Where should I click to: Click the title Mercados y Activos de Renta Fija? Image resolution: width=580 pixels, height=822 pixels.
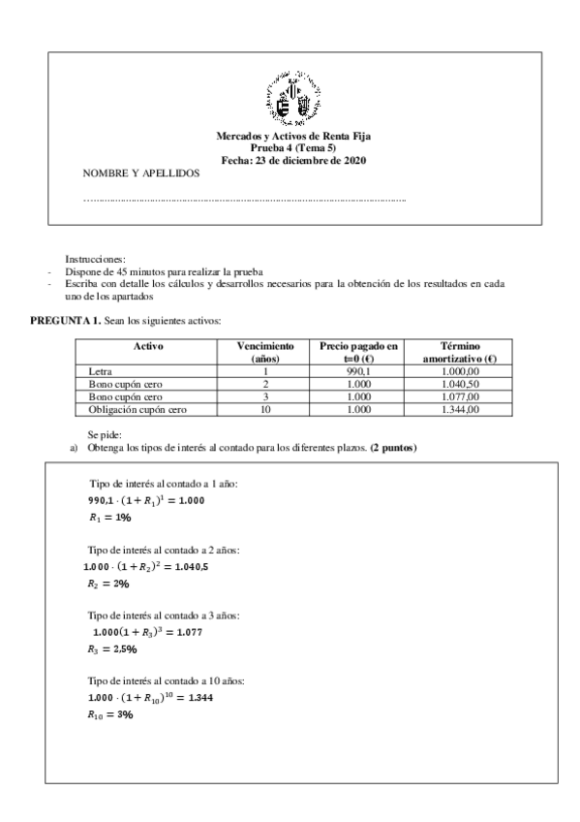click(290, 139)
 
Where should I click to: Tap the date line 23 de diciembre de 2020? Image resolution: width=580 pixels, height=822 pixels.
click(290, 160)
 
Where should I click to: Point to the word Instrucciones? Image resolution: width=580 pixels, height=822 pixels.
click(95, 260)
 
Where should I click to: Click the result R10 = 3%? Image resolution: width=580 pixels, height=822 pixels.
click(109, 714)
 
